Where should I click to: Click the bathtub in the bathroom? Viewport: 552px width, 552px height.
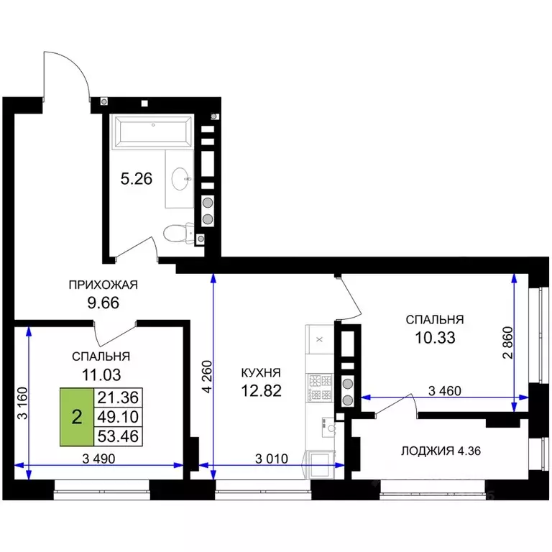pyautogui.click(x=152, y=132)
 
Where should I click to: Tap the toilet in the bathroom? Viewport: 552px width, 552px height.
pyautogui.click(x=178, y=233)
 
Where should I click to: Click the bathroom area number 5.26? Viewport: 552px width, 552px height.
pyautogui.click(x=137, y=179)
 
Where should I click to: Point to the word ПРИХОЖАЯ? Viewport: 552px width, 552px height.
pyautogui.click(x=103, y=285)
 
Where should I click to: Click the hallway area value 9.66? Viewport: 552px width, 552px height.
pyautogui.click(x=103, y=303)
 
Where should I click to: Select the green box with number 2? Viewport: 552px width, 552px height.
pyautogui.click(x=77, y=417)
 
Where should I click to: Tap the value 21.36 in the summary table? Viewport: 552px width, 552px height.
pyautogui.click(x=118, y=397)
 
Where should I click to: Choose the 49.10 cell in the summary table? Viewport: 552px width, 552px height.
pyautogui.click(x=118, y=417)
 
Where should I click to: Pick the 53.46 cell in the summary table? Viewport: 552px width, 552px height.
pyautogui.click(x=118, y=436)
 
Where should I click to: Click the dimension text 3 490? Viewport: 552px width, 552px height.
pyautogui.click(x=98, y=459)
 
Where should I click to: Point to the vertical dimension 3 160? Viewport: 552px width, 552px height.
pyautogui.click(x=22, y=403)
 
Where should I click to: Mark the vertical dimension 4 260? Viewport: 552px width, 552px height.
pyautogui.click(x=208, y=377)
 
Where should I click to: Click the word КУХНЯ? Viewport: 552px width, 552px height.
pyautogui.click(x=261, y=372)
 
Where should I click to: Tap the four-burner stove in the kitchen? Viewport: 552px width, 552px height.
pyautogui.click(x=320, y=387)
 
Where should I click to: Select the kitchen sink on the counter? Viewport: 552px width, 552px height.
pyautogui.click(x=328, y=428)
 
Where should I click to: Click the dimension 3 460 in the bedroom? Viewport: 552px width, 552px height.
pyautogui.click(x=445, y=390)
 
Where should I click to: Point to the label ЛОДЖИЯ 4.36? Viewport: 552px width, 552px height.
pyautogui.click(x=441, y=451)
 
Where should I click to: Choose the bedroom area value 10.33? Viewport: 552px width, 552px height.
pyautogui.click(x=435, y=338)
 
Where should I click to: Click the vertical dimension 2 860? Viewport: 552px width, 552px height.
pyautogui.click(x=508, y=343)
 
